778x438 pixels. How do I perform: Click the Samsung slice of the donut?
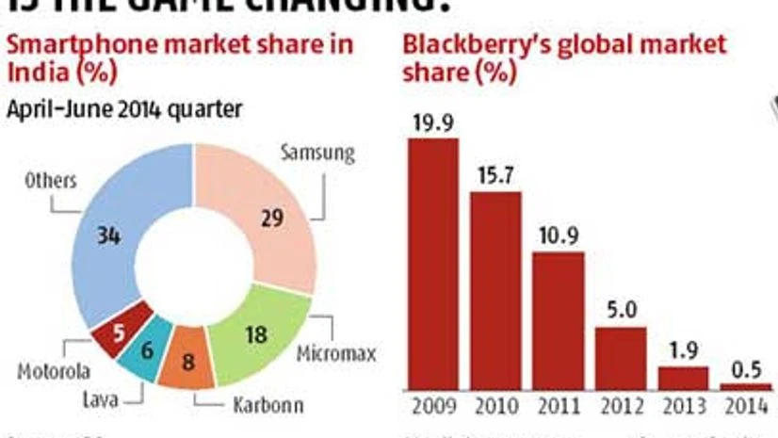(273, 219)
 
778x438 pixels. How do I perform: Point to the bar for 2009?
(432, 264)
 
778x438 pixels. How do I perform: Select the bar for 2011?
(558, 320)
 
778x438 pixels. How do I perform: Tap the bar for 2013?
(682, 378)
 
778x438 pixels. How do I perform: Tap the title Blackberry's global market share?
(564, 57)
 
